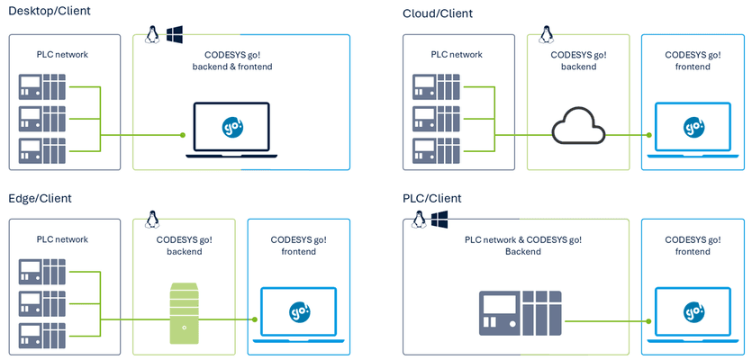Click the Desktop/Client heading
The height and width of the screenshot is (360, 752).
[50, 12]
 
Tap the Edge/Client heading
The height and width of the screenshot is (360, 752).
[40, 198]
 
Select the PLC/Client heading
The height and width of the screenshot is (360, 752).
[433, 198]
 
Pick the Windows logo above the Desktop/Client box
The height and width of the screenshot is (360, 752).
[175, 34]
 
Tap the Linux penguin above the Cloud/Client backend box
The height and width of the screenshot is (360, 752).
[545, 34]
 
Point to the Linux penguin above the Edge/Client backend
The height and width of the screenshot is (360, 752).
[152, 219]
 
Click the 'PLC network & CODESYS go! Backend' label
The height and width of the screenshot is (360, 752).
[522, 246]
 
